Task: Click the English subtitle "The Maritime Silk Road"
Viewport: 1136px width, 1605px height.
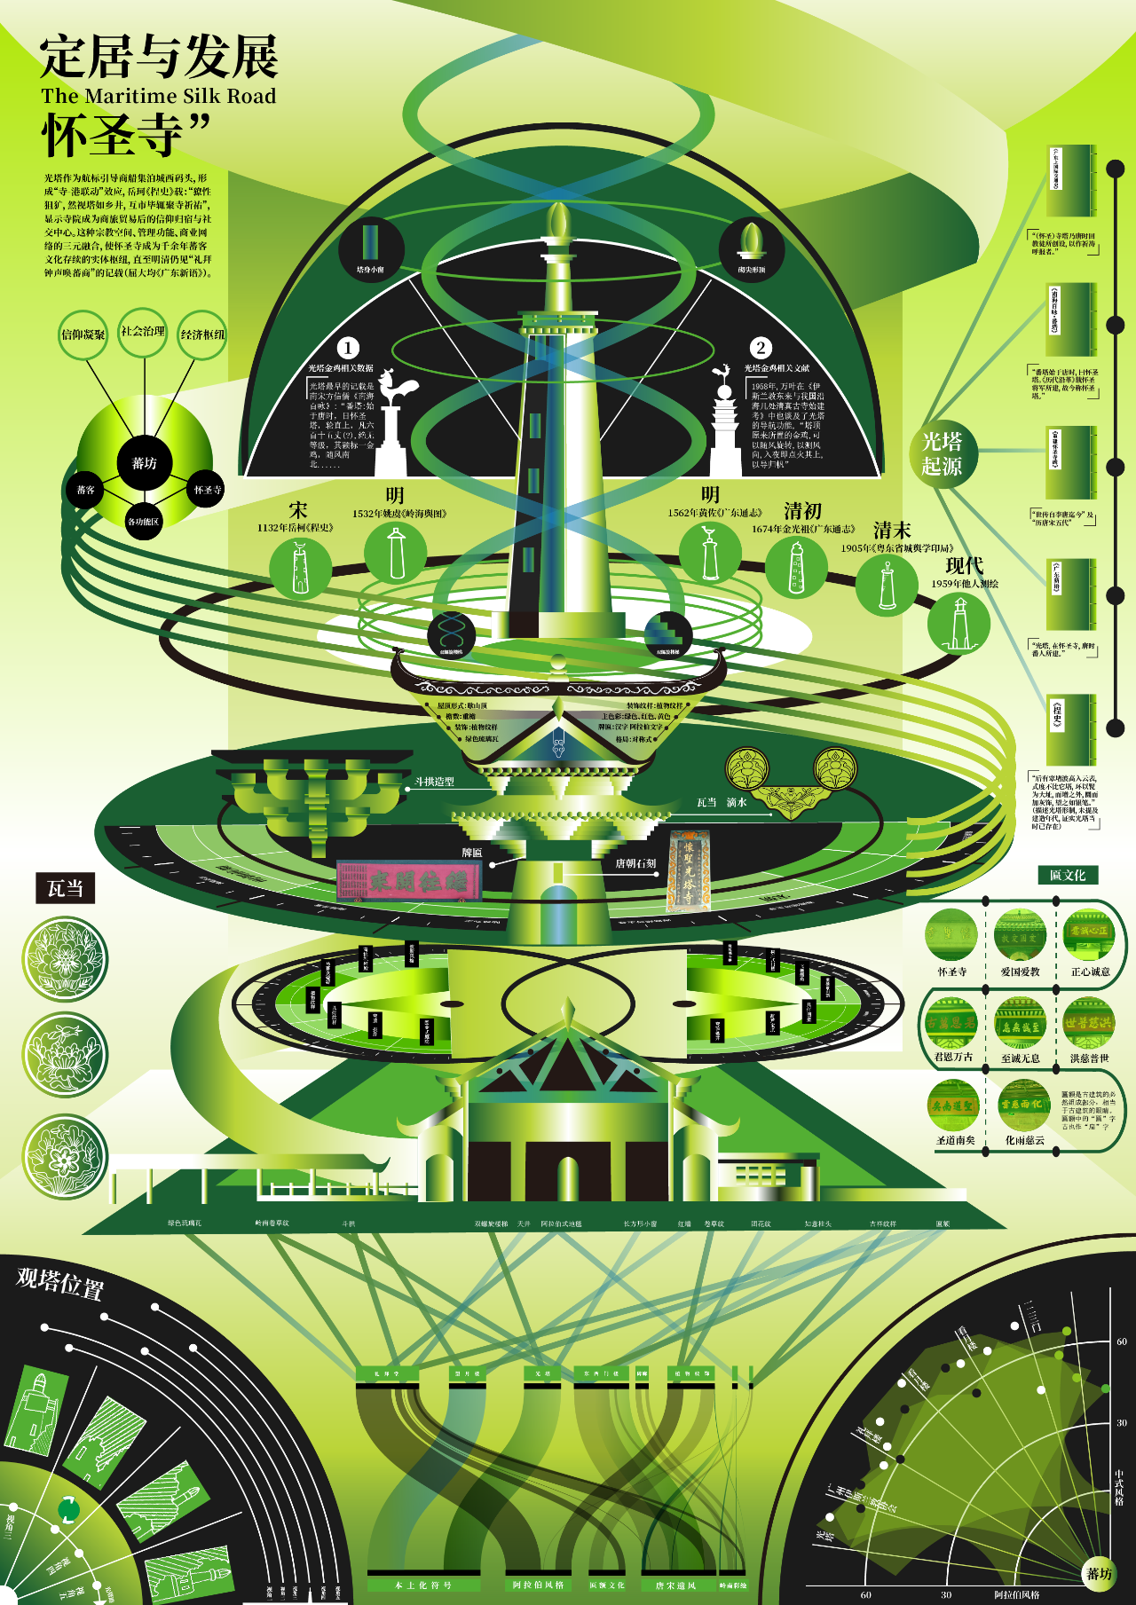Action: coord(158,96)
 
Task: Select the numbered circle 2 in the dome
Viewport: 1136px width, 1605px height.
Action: coord(760,348)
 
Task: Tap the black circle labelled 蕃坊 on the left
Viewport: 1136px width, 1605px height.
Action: coord(144,463)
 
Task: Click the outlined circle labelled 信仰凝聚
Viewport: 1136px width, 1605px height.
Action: coord(83,334)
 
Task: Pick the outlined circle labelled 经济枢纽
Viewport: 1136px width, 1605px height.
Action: coord(202,334)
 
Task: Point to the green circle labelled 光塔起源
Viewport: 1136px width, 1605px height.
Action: coord(942,453)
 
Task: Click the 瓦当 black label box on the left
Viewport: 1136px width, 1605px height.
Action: coord(65,888)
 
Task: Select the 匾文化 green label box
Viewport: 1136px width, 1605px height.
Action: coord(1067,875)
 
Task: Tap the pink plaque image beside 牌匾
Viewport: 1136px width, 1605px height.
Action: coord(409,880)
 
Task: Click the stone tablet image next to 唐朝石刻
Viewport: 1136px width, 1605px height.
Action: coord(688,871)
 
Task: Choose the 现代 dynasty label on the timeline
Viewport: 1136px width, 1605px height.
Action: coord(964,565)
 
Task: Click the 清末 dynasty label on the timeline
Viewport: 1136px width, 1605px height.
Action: coord(891,531)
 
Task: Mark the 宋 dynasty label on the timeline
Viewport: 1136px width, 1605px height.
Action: coord(297,510)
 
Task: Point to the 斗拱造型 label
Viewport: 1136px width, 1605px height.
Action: coord(435,782)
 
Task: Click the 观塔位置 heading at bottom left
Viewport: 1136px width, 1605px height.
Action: coord(59,1283)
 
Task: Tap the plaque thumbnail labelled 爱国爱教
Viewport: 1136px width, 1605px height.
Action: coord(1020,934)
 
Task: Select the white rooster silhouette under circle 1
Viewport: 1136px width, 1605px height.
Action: coord(398,390)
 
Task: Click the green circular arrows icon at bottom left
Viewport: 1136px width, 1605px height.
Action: coord(68,1508)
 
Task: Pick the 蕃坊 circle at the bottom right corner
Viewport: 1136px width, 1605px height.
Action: coord(1099,1573)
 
